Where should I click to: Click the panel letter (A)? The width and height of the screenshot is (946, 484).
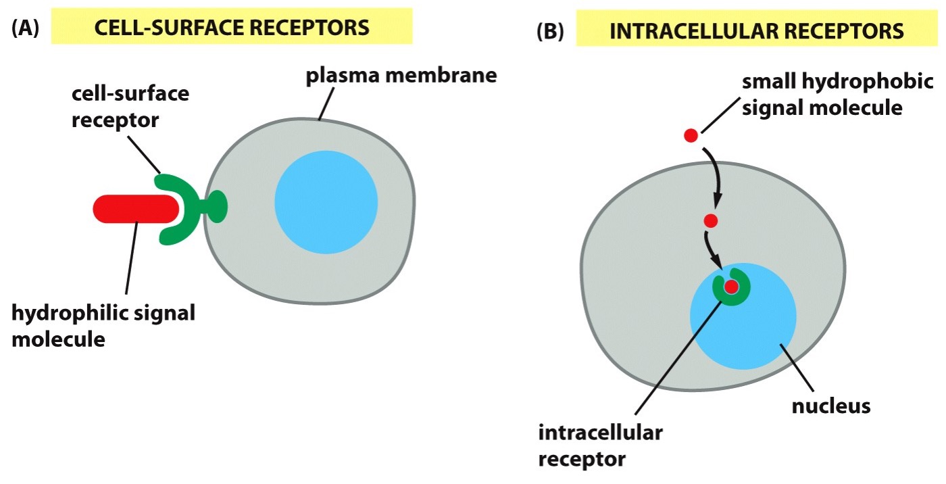pos(26,29)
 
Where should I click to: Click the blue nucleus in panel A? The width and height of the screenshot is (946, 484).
pos(326,202)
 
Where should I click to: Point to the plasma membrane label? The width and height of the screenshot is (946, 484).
pos(401,75)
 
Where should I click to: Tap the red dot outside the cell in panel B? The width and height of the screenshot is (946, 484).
pos(690,136)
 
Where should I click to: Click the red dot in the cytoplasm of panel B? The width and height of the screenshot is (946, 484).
pos(709,220)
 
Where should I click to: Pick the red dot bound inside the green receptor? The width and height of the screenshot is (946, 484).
pos(731,287)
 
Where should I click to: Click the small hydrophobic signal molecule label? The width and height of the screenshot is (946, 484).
pos(822,95)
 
